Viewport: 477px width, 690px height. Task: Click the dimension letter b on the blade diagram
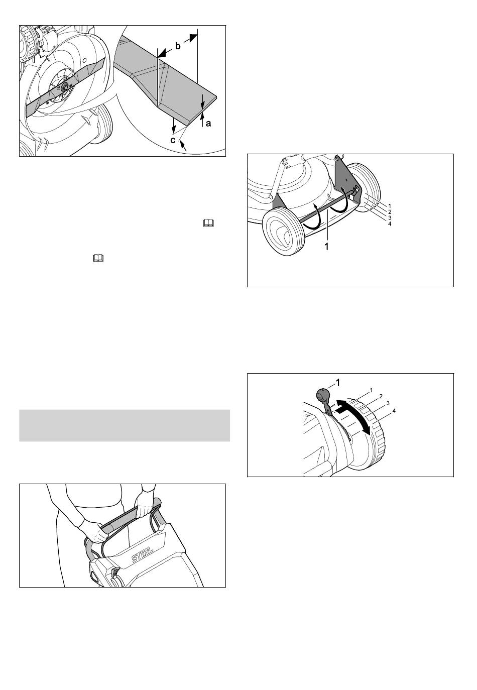click(178, 47)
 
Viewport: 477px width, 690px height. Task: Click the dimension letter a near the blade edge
click(208, 124)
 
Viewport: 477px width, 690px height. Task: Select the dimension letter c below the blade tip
click(173, 140)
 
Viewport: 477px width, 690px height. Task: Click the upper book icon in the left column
click(208, 223)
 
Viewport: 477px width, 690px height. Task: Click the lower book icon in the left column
click(98, 258)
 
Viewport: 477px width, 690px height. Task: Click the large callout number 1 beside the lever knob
click(337, 383)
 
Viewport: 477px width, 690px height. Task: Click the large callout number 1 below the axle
click(327, 247)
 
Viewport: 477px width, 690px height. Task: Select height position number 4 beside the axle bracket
click(390, 224)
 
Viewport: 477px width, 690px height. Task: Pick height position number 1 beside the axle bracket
click(390, 205)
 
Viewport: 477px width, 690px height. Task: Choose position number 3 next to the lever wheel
click(388, 403)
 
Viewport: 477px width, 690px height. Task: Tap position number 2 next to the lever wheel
click(381, 396)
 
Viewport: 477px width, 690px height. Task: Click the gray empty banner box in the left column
click(125, 425)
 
